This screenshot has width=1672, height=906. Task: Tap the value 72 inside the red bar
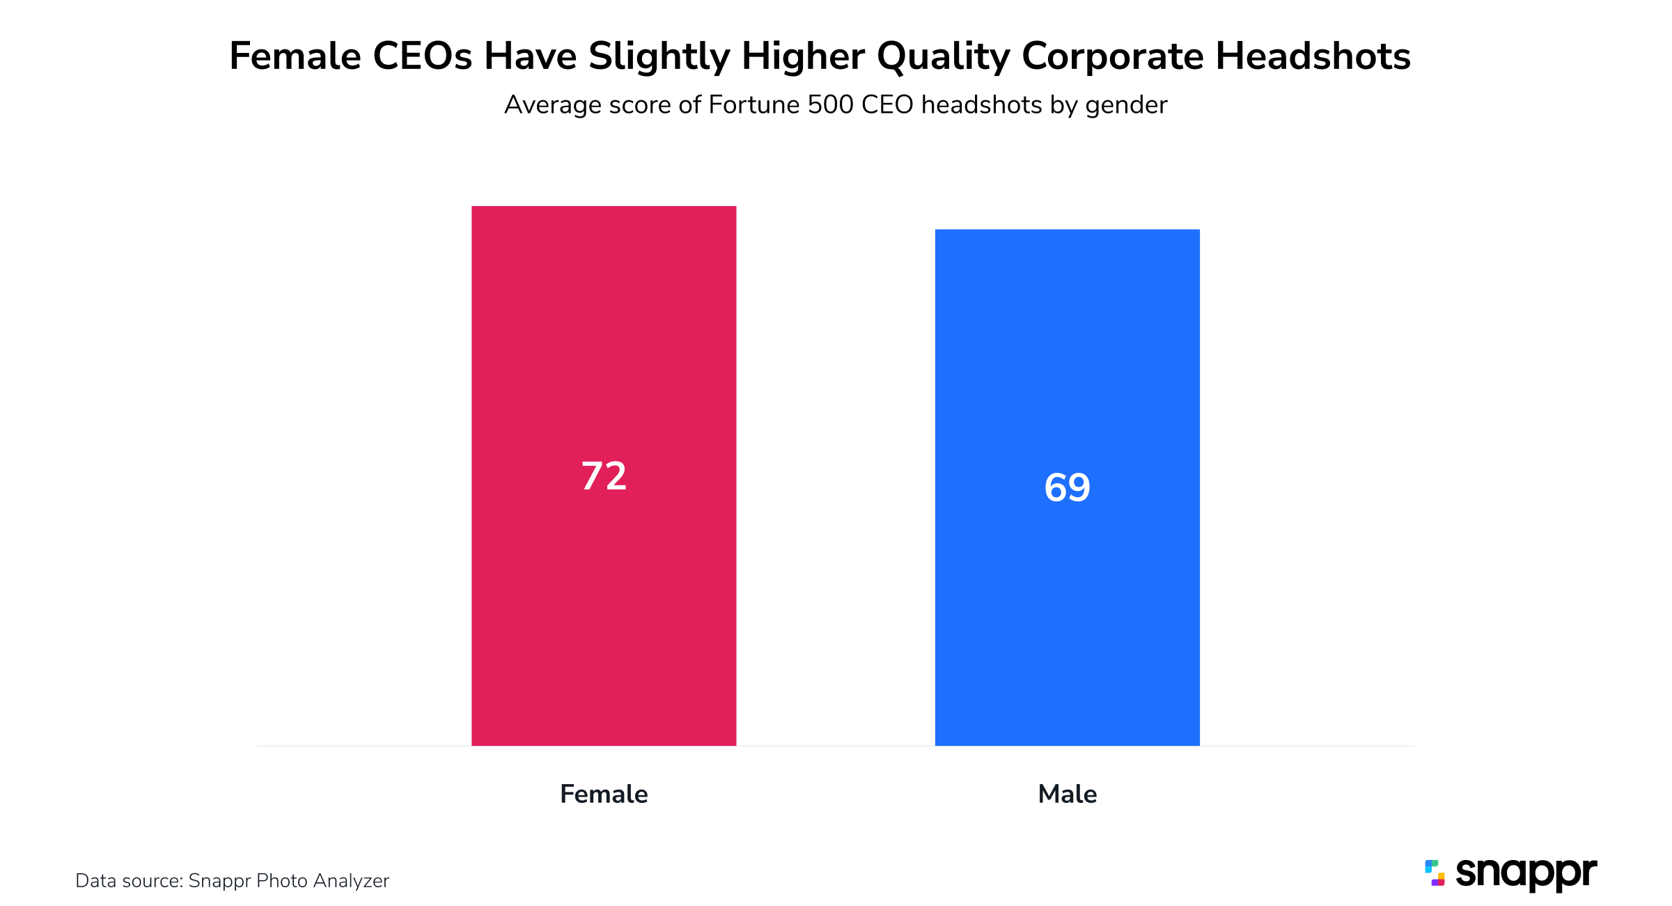604,476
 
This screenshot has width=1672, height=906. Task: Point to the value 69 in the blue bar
1067,487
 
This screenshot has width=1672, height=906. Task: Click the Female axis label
604,794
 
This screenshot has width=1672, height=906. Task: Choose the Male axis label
1067,794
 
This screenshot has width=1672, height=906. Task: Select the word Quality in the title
943,57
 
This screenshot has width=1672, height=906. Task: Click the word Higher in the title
802,57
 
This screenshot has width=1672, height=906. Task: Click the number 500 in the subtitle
830,104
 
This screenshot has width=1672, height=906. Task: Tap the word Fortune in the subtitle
753,104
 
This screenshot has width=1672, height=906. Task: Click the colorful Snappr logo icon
1435,873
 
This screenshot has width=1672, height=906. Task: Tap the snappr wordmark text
1526,873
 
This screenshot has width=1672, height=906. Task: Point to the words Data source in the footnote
129,881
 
